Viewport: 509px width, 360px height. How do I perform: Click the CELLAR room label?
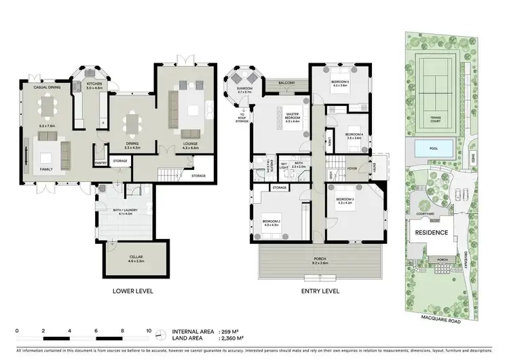128,255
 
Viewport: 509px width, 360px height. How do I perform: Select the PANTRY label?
101,162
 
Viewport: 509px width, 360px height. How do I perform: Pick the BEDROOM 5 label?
339,83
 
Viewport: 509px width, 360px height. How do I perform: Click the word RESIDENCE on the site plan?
432,233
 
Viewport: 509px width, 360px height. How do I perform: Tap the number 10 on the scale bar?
149,331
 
